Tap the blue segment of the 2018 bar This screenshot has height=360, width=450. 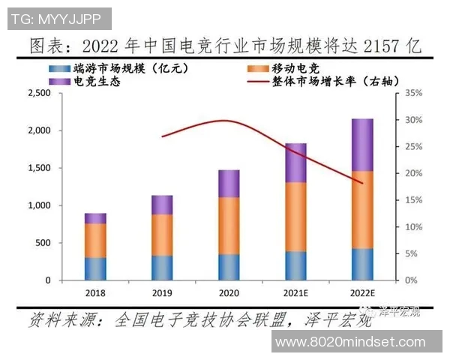coord(95,268)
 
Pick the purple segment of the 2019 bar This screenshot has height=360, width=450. coord(162,205)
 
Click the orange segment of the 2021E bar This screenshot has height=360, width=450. coord(295,217)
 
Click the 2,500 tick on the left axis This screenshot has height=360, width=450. coord(37,93)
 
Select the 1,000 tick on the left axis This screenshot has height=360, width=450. coord(37,205)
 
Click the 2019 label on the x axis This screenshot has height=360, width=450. coord(162,292)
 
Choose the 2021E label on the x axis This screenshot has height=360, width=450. coord(295,292)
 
